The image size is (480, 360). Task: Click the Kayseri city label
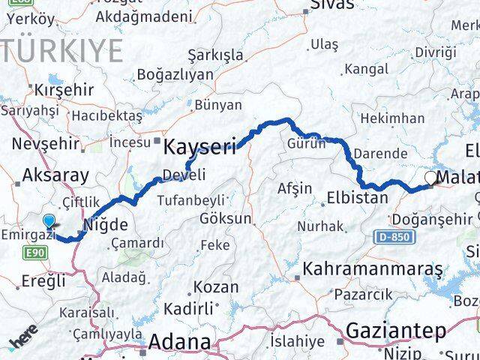200,145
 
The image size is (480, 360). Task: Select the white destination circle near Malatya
430,178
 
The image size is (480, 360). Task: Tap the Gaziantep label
396,330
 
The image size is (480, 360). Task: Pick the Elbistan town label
357,199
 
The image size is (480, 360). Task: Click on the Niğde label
104,224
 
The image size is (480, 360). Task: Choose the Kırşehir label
64,89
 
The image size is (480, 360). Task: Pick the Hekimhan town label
391,118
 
